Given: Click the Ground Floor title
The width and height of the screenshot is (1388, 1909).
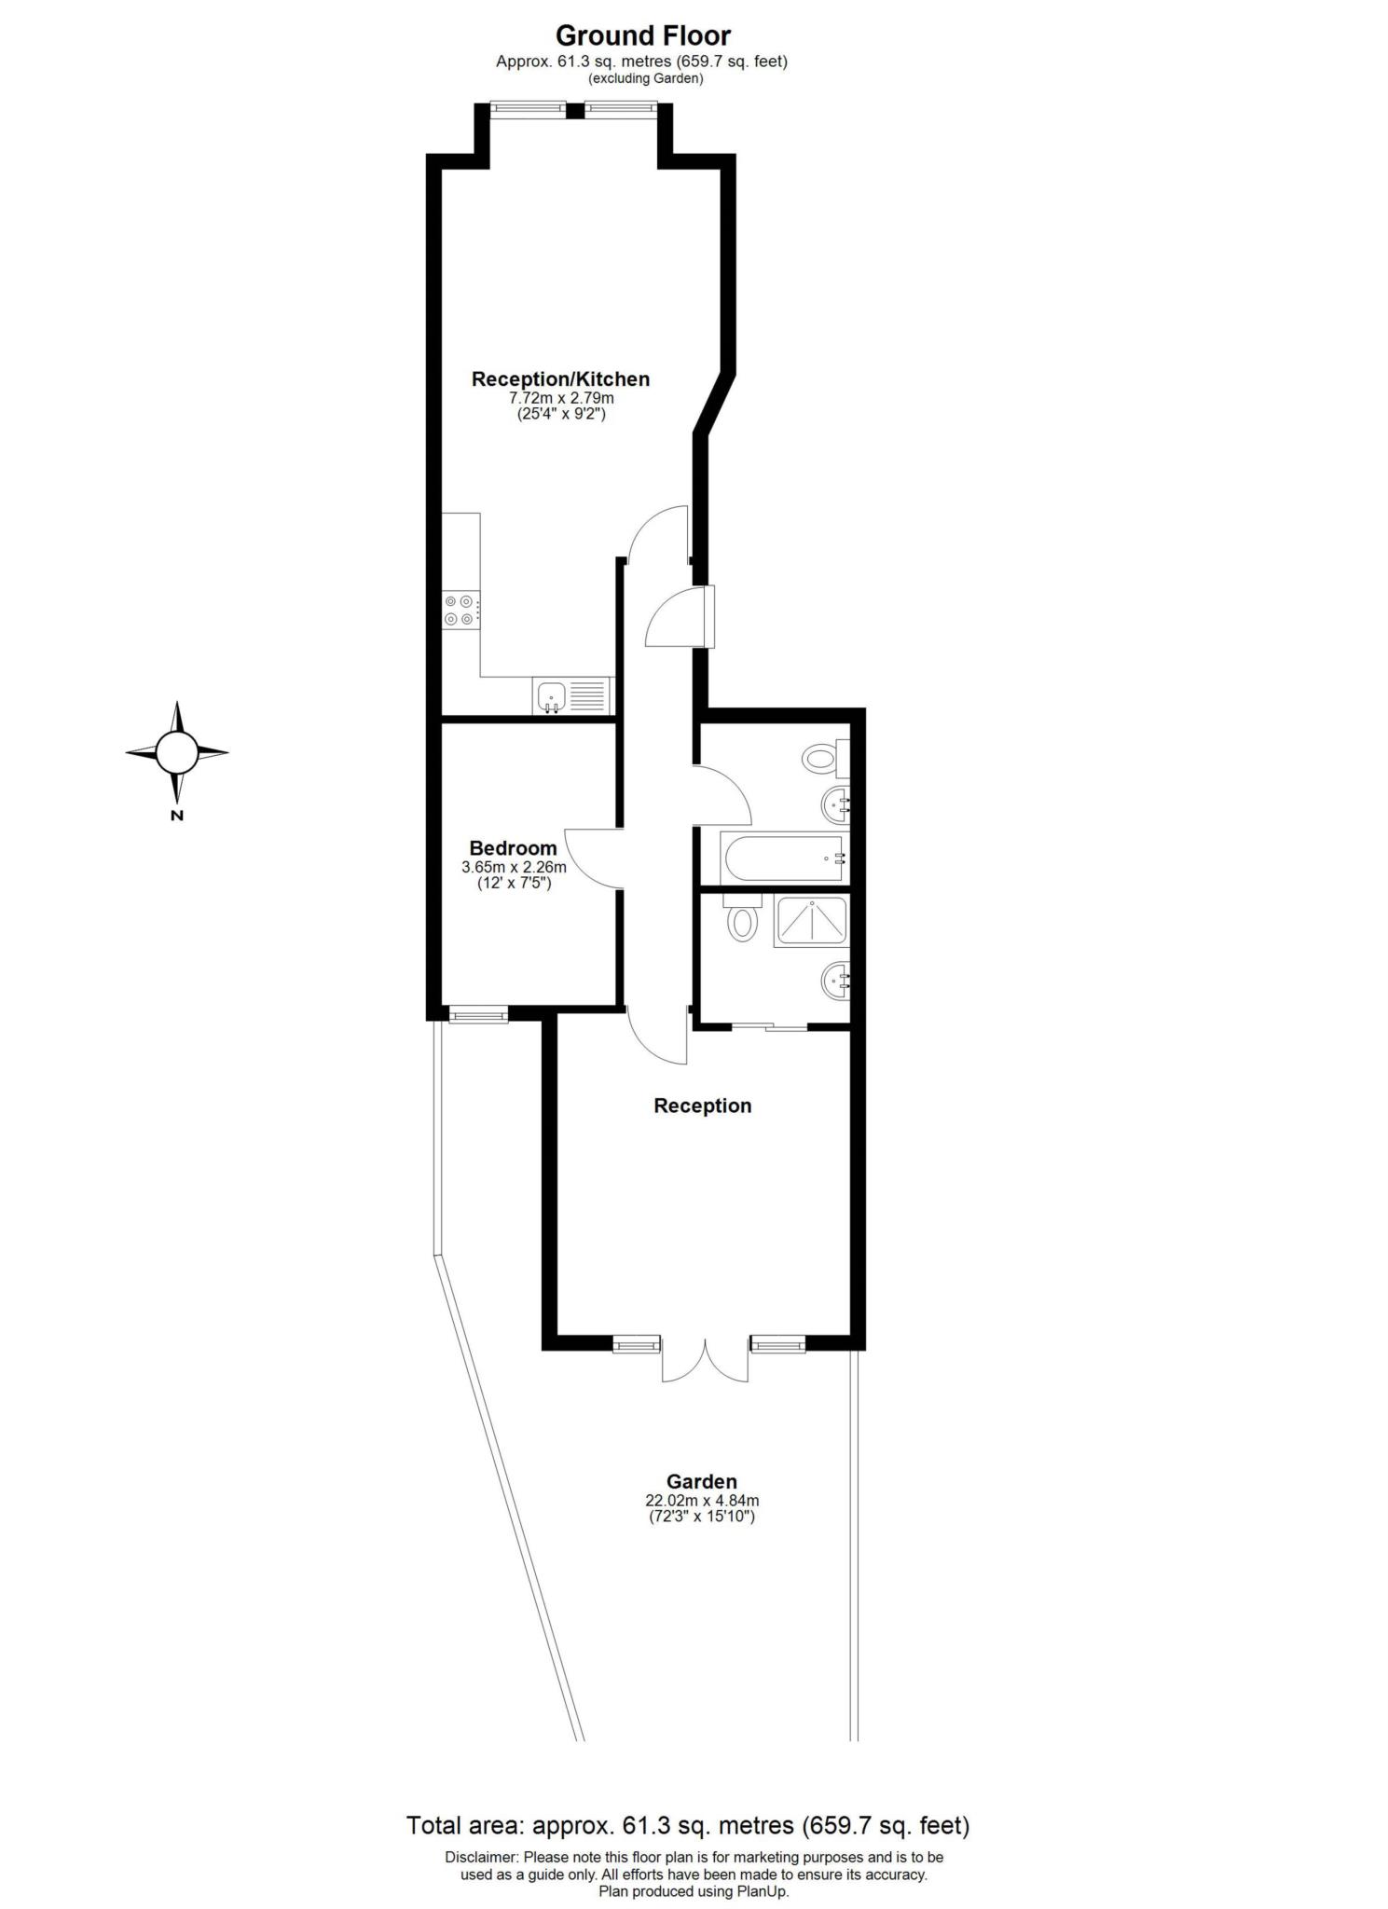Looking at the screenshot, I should coord(643,36).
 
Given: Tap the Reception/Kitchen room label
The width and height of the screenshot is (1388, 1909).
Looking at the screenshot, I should coord(560,379).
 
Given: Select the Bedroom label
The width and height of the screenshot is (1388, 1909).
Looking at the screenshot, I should coord(513,848).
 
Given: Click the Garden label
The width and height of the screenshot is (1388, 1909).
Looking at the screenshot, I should coord(701,1481).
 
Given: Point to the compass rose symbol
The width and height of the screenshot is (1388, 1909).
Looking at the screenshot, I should coord(177,751).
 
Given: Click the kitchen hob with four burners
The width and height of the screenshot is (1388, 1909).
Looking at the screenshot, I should coord(461,611).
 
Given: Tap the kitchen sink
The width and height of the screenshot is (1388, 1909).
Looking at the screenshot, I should coord(551,696).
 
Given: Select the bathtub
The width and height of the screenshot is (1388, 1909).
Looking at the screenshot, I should coord(784,858).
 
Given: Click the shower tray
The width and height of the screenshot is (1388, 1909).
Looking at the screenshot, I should coord(811,921).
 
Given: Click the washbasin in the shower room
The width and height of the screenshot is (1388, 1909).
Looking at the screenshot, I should coord(835,981).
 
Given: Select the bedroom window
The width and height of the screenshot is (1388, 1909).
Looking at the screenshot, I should coord(478,1015).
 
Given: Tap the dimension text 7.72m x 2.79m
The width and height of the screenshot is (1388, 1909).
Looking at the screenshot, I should coord(560,398).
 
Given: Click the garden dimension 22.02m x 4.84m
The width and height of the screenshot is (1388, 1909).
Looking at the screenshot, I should coord(701,1501).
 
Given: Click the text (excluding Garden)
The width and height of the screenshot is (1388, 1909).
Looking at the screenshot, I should coord(644,79).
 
